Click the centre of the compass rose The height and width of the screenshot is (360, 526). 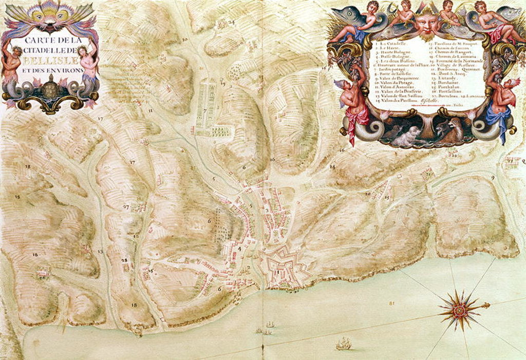(459, 310)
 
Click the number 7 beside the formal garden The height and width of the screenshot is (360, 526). (204, 110)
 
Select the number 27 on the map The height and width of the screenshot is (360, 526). (126, 207)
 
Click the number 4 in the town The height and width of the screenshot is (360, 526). (239, 249)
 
